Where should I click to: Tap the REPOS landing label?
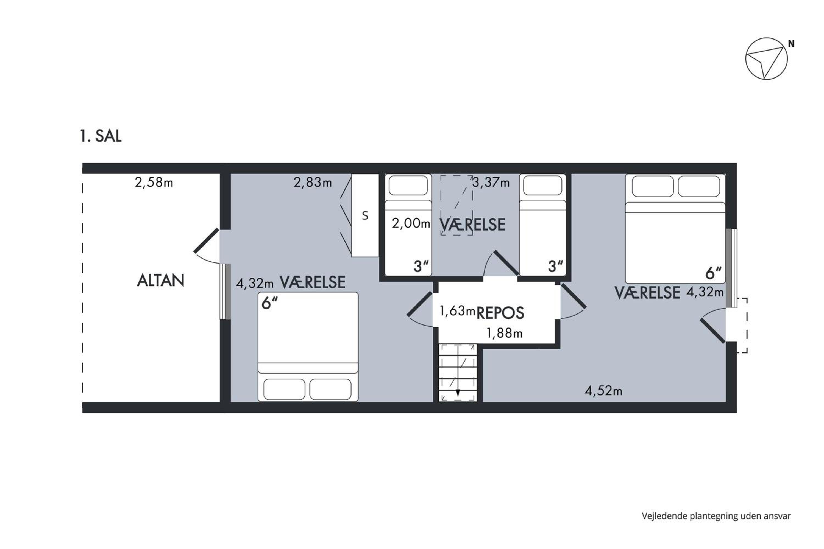click(500, 313)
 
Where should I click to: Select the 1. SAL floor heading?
click(101, 136)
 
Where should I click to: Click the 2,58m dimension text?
click(154, 183)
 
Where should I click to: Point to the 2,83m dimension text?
click(313, 183)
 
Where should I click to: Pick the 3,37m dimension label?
click(491, 183)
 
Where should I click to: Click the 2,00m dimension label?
click(411, 223)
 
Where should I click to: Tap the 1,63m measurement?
click(457, 310)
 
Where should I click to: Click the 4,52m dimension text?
click(603, 391)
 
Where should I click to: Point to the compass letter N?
click(791, 44)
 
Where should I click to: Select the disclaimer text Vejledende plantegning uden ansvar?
click(716, 516)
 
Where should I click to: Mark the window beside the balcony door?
click(225, 292)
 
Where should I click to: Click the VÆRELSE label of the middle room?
click(472, 225)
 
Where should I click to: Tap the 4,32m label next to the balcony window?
click(255, 283)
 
